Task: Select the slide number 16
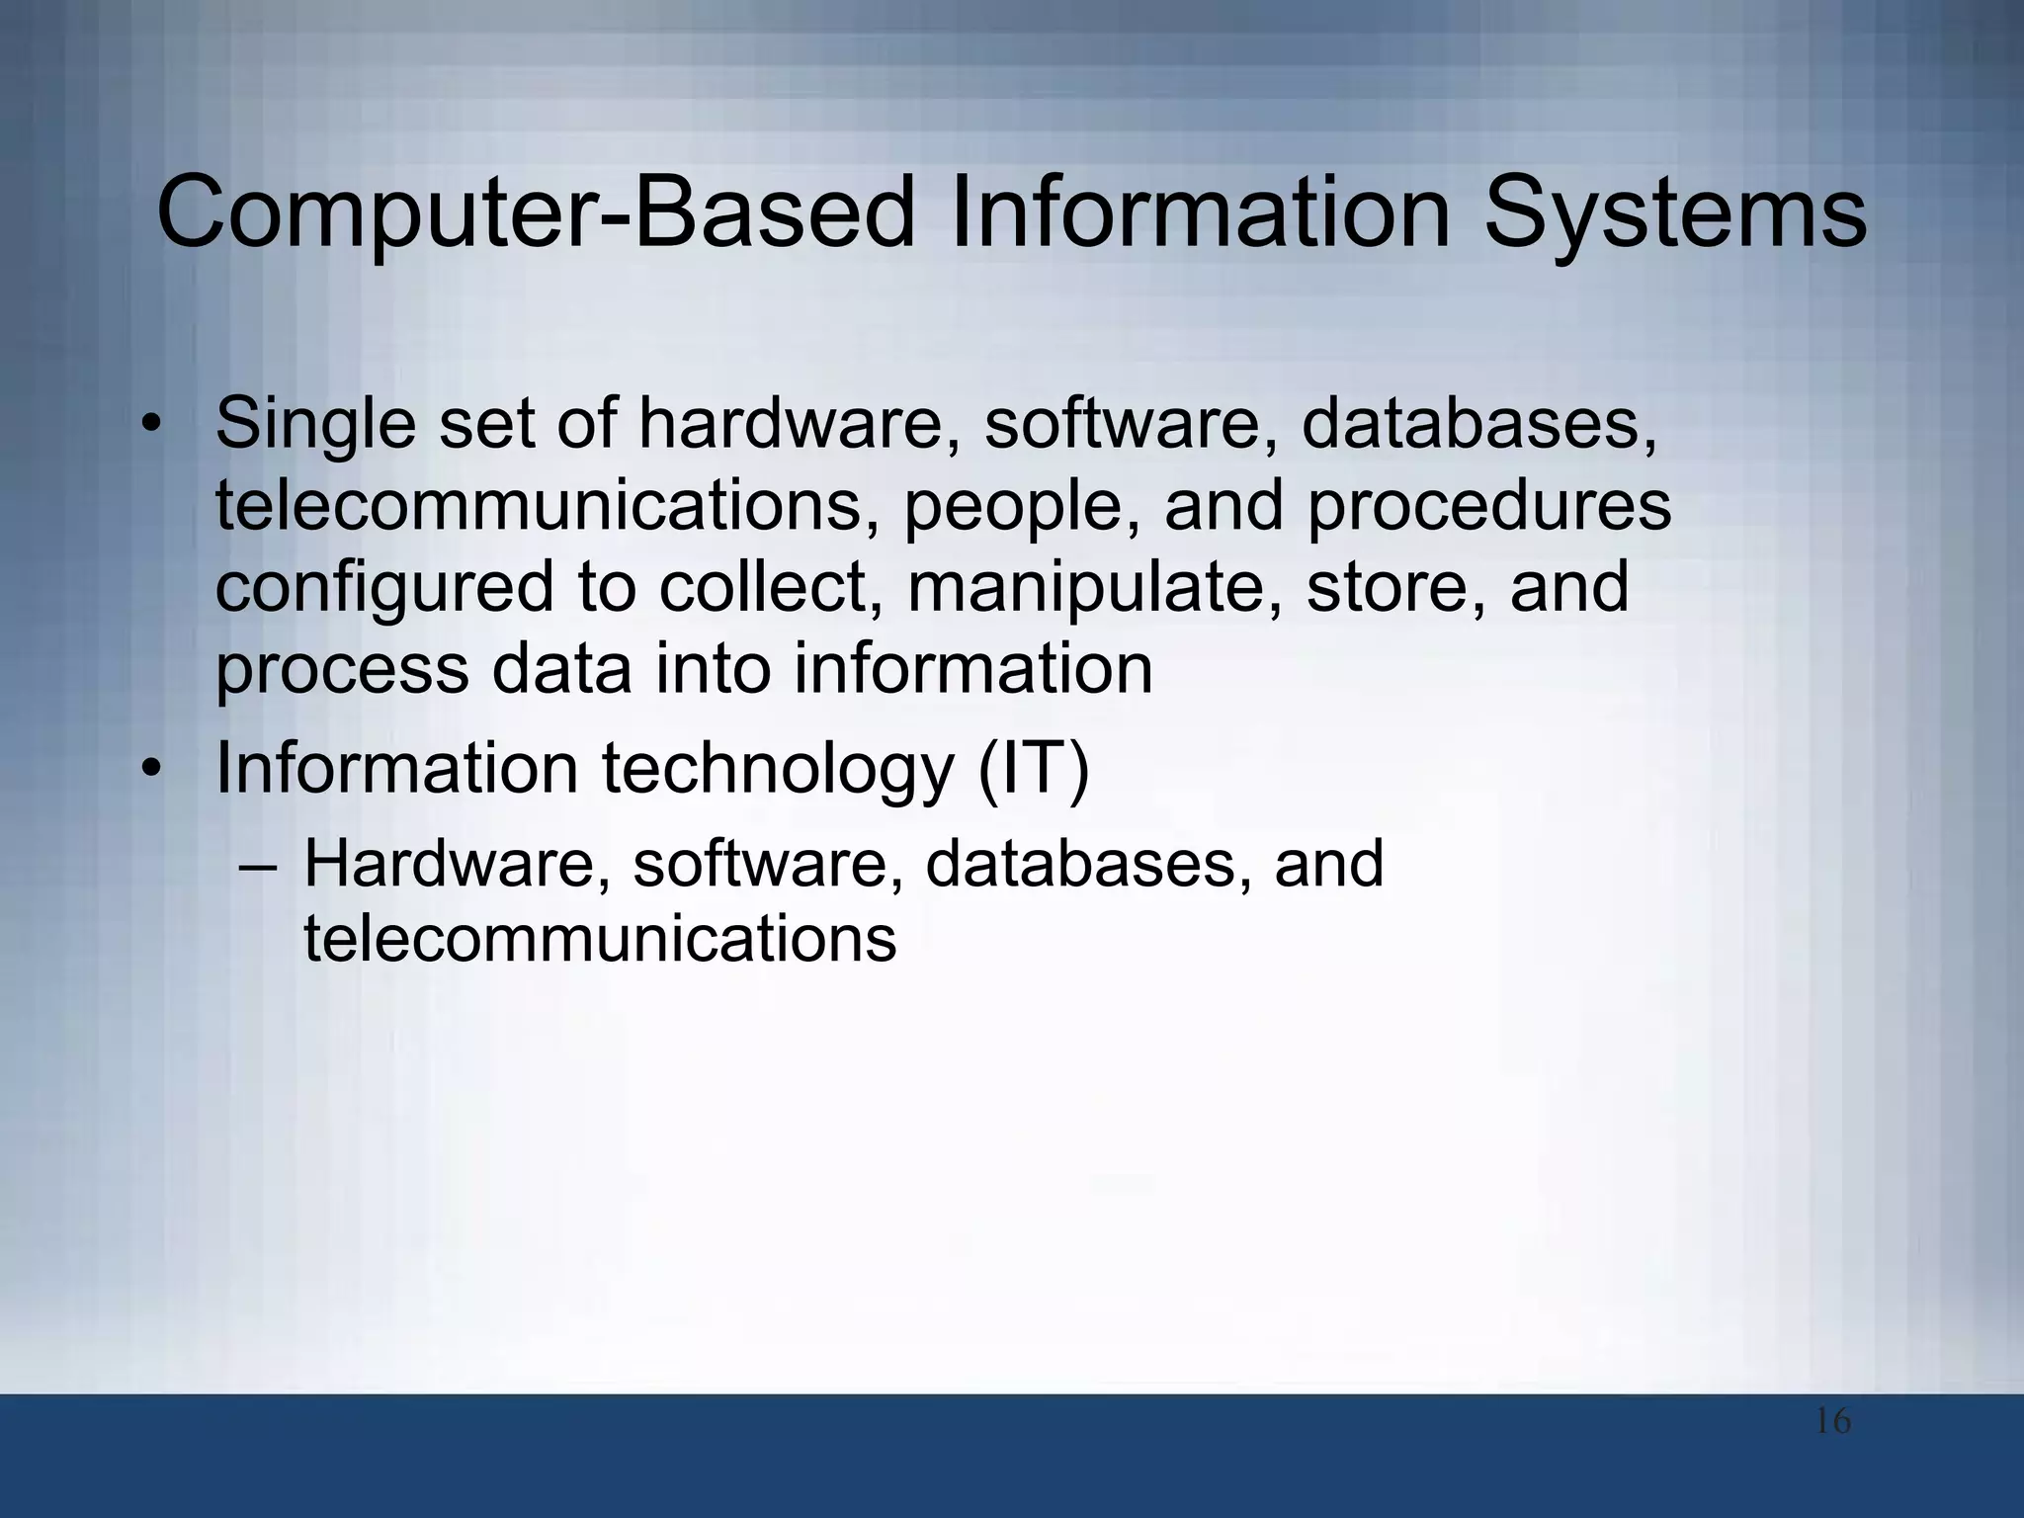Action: [x=1833, y=1422]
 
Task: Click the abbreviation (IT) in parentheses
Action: [x=1033, y=769]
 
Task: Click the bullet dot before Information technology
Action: [x=149, y=769]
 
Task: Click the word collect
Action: [x=770, y=587]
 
